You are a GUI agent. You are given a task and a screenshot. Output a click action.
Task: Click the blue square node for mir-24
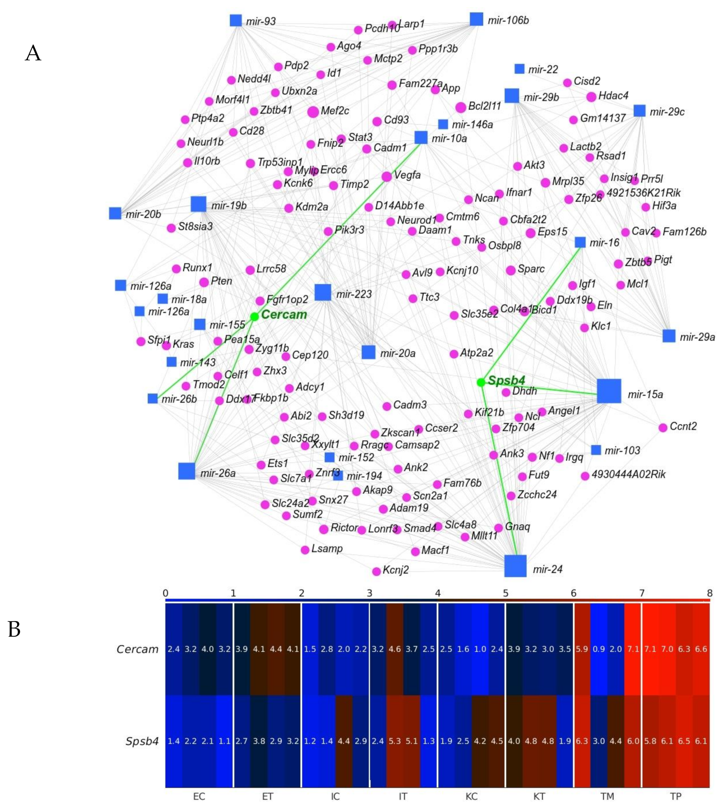point(515,565)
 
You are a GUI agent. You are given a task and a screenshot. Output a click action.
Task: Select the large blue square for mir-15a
point(609,391)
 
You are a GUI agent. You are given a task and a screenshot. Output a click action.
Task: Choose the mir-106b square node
point(476,19)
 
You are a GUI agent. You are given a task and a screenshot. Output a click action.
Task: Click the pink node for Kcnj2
point(376,571)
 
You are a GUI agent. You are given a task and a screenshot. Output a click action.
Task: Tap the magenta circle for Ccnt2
point(663,428)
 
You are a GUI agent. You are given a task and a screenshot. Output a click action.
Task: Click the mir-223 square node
point(323,292)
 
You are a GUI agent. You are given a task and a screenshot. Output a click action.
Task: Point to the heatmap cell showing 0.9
point(599,649)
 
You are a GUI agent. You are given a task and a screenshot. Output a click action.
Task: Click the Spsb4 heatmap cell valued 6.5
point(684,741)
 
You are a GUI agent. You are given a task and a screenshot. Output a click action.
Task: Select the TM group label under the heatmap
point(607,796)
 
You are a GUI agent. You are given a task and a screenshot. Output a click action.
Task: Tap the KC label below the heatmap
point(471,796)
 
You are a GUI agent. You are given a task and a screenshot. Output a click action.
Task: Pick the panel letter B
point(14,629)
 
